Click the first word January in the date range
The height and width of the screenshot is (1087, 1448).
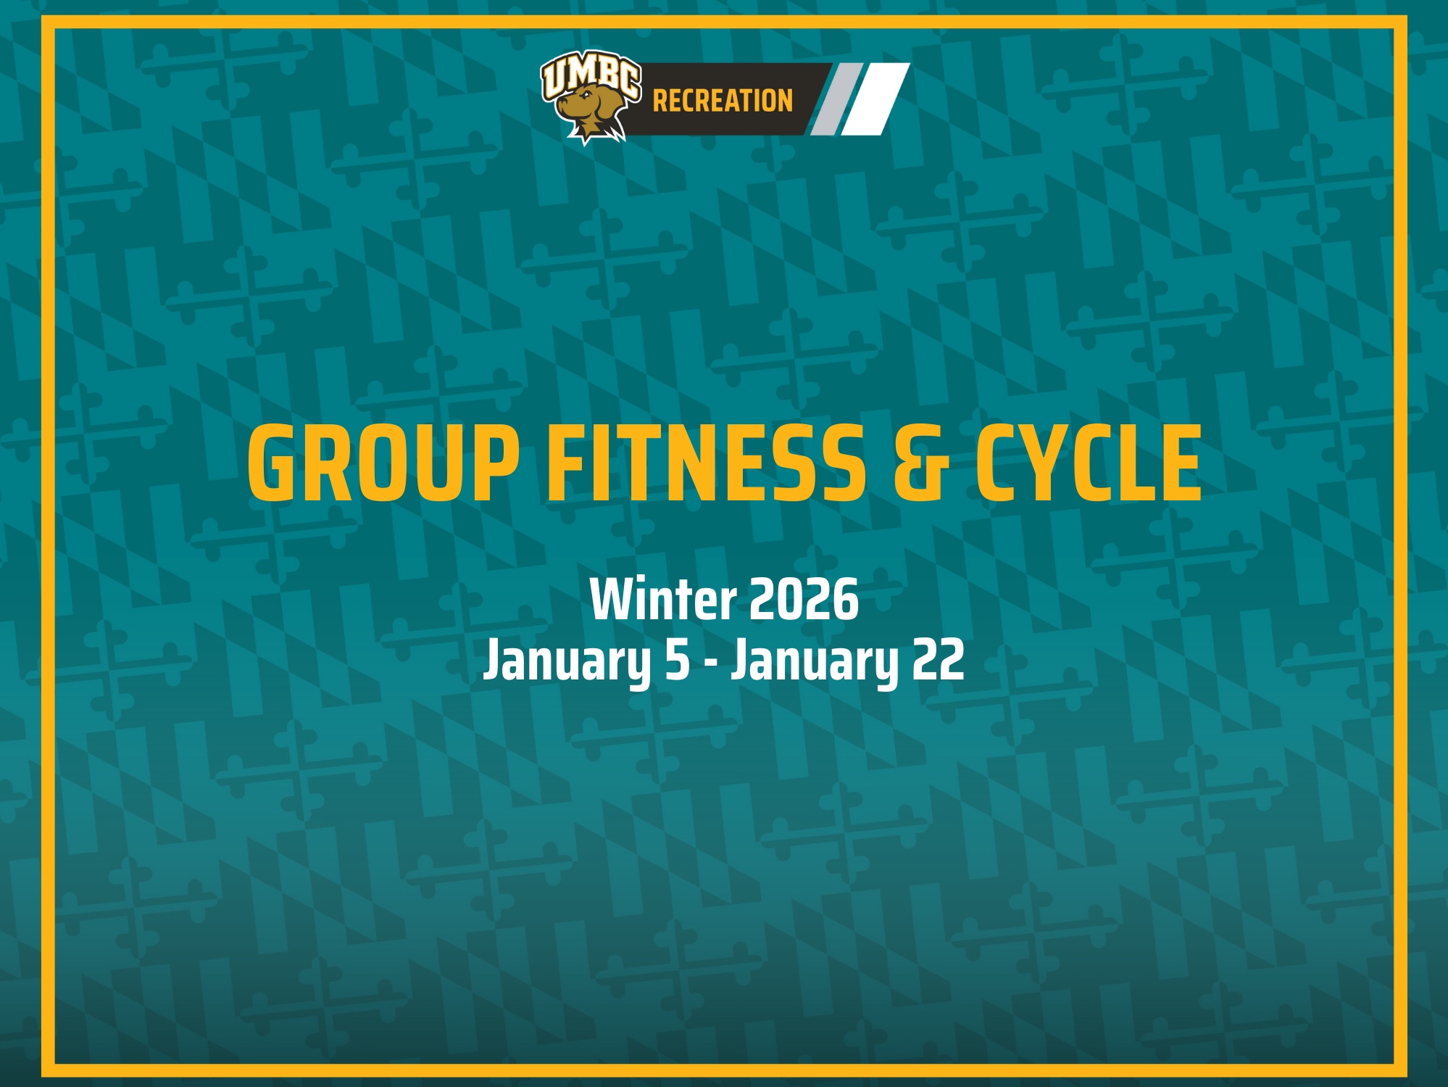tap(567, 661)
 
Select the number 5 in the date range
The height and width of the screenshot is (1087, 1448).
tap(678, 661)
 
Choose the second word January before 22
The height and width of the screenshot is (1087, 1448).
tap(814, 661)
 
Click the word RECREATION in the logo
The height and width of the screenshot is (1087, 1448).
tap(723, 101)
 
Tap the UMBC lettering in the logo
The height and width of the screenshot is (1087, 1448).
tap(591, 75)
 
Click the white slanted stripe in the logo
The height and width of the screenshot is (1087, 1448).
tap(875, 99)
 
